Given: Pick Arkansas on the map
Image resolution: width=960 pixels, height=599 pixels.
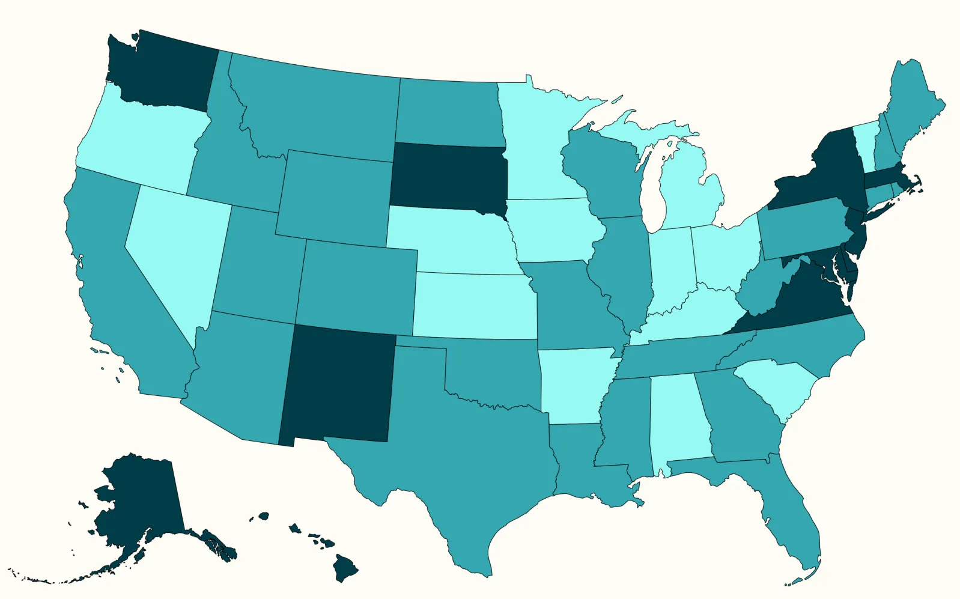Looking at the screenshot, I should click(x=574, y=385).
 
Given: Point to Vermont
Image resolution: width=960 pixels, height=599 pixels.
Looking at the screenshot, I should click(x=865, y=141).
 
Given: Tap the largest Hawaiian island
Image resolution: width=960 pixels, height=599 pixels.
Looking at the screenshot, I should click(x=345, y=568).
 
